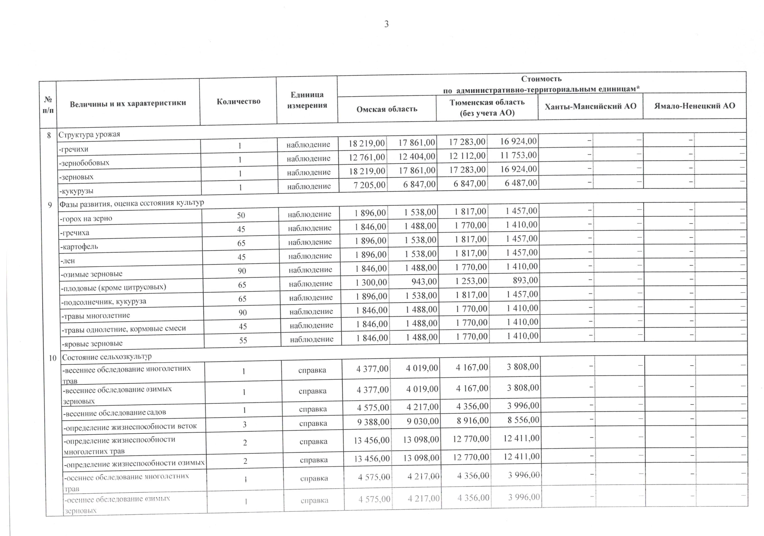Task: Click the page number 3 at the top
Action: tap(386, 24)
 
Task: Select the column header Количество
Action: tap(238, 102)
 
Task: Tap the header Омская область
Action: tap(387, 109)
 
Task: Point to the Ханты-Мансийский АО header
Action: tap(590, 106)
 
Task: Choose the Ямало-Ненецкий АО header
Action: tap(694, 106)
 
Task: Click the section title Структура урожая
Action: tap(89, 135)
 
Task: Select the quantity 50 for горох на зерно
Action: tap(241, 215)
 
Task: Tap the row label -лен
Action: tap(68, 261)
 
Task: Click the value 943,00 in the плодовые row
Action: tap(424, 282)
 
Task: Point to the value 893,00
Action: tap(525, 280)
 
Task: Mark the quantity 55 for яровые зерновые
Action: tap(243, 340)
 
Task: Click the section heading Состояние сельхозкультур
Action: tap(106, 357)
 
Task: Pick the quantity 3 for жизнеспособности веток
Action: tap(245, 424)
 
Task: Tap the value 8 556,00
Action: tap(523, 420)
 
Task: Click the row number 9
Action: tap(50, 205)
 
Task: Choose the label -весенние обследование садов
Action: tap(115, 413)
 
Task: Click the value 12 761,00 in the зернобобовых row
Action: tap(367, 157)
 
